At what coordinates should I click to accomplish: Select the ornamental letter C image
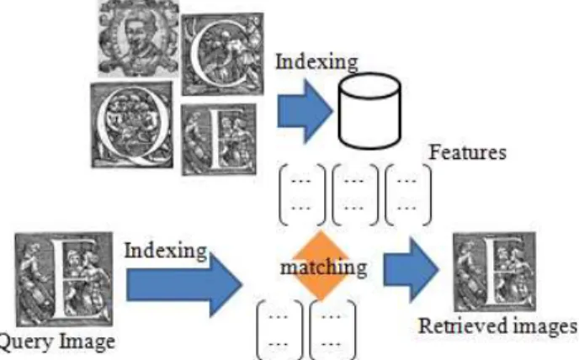click(x=223, y=54)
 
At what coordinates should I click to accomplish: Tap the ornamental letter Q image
click(x=132, y=124)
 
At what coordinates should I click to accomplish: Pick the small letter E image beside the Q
click(x=219, y=140)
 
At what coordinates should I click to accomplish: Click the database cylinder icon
click(x=369, y=111)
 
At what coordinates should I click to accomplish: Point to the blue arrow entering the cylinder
click(x=305, y=111)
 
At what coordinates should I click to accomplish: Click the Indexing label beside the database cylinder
click(x=316, y=61)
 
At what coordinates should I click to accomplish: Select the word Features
click(x=467, y=152)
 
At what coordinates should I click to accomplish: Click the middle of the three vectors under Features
click(x=355, y=194)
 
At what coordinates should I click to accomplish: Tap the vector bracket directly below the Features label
click(x=407, y=194)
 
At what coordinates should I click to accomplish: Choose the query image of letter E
click(x=64, y=279)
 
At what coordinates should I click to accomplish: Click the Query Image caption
click(x=56, y=341)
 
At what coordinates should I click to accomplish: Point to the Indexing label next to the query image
click(x=166, y=251)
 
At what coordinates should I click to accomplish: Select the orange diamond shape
click(x=321, y=266)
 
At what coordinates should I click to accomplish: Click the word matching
click(x=324, y=267)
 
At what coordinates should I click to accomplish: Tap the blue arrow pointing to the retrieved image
click(x=411, y=269)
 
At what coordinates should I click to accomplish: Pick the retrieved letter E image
click(x=495, y=272)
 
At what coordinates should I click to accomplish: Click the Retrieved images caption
click(x=497, y=326)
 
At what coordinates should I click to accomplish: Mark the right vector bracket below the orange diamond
click(x=332, y=330)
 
